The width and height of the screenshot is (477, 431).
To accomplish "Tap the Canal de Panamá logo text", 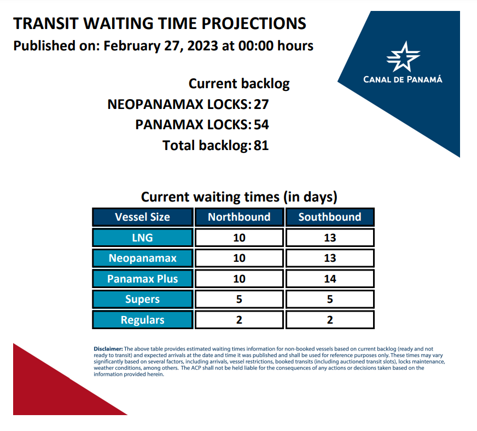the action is coord(403,79).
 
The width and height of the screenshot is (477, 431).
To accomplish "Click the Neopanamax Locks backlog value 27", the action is coord(261,105).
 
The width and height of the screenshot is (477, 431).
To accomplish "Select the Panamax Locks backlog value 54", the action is coord(261,125).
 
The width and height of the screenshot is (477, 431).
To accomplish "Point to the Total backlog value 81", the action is coord(261,145).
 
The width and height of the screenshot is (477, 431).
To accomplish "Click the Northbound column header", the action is coord(239,217).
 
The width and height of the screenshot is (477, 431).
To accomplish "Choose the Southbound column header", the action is coord(330,217).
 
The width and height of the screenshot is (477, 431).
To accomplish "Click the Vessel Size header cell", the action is coord(142,217).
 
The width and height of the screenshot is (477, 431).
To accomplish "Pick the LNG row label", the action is coord(142,238).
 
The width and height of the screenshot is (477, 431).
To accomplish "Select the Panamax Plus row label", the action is coord(142,279).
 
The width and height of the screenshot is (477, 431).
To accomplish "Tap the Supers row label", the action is coord(142,299).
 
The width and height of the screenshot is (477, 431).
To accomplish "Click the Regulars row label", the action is coord(142,320).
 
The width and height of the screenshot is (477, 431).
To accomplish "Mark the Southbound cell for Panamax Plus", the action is coord(330,279).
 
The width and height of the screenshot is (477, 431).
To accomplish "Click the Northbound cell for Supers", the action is coord(239,299).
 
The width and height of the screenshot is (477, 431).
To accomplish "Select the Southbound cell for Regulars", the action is coord(330,320).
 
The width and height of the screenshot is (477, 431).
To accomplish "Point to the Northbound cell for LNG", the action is coord(239,238).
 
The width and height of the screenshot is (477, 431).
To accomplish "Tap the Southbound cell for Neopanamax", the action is coord(330,258).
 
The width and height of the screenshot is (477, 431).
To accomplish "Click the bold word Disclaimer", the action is coord(108,349).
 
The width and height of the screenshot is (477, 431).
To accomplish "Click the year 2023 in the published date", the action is coord(202,46).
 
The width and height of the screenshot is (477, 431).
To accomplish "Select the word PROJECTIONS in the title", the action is coord(254,24).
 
